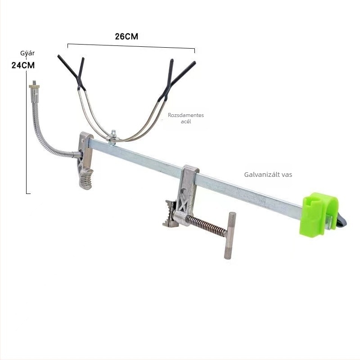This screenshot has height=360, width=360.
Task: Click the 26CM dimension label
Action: tap(126, 36)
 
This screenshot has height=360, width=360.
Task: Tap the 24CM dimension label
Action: tap(23, 65)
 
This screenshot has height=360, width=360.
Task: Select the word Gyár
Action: tap(27, 53)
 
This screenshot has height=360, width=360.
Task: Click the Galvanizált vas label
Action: tap(268, 175)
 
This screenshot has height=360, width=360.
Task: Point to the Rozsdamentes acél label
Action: tap(186, 118)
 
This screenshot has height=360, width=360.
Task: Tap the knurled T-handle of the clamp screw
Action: tap(229, 235)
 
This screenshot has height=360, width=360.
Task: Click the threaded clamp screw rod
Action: tap(206, 225)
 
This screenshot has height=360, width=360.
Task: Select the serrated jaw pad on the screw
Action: tap(171, 214)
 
